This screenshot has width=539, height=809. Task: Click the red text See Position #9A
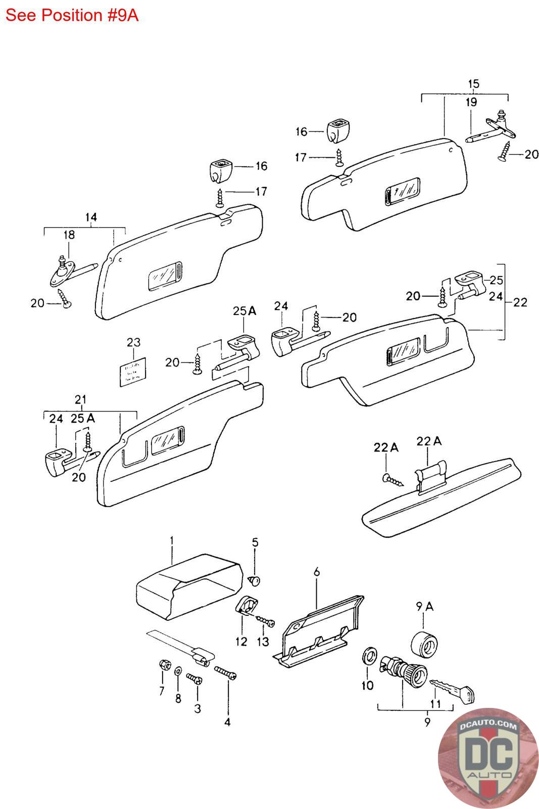[x=72, y=15]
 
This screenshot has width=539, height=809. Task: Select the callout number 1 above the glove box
[x=172, y=541]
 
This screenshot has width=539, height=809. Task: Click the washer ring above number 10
[x=369, y=656]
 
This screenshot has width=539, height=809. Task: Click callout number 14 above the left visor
[x=90, y=217]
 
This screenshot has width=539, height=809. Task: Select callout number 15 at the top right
[x=473, y=84]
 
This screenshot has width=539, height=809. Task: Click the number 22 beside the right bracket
[x=520, y=302]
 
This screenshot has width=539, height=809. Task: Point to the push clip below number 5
[x=256, y=579]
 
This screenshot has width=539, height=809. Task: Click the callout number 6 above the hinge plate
[x=317, y=572]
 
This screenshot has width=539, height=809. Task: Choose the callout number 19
[x=471, y=103]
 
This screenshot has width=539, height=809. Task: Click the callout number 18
[x=69, y=235]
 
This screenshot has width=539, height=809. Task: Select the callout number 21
[x=80, y=400]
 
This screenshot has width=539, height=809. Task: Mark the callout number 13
[x=263, y=641]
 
